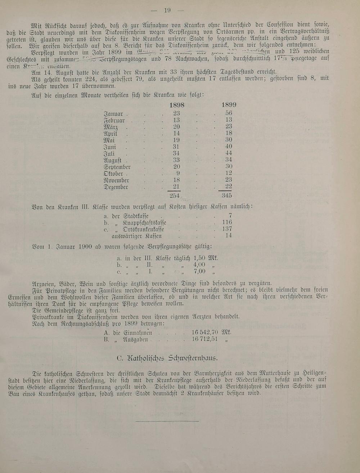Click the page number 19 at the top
[167, 10]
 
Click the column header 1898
[176, 105]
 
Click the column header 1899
[229, 105]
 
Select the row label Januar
[113, 114]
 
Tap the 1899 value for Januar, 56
[229, 113]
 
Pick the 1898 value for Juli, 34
[176, 153]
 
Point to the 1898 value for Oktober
[178, 173]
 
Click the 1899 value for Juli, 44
[229, 153]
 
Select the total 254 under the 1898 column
[174, 195]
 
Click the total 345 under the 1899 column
[226, 195]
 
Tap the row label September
[117, 167]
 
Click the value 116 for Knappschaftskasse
[227, 222]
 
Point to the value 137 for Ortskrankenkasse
[227, 229]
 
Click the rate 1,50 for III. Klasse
[199, 258]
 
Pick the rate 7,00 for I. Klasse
[199, 271]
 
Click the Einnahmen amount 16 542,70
[205, 333]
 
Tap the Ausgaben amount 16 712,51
[205, 339]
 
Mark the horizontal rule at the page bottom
[167, 421]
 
